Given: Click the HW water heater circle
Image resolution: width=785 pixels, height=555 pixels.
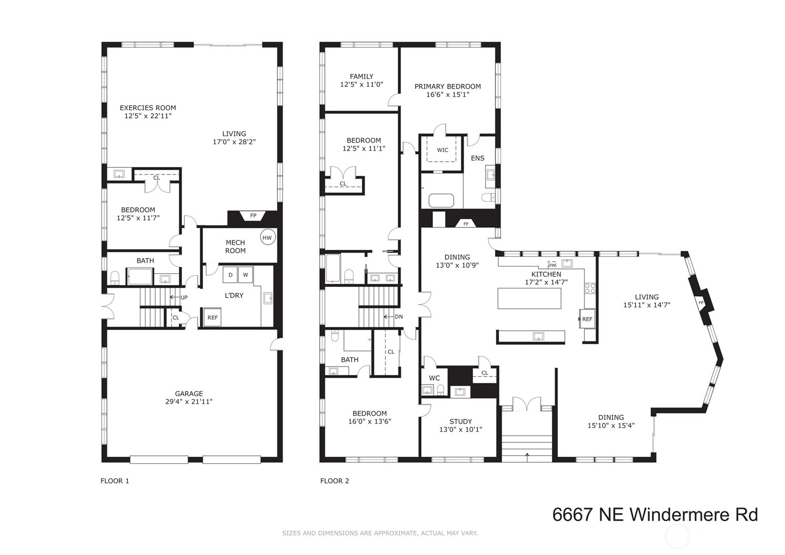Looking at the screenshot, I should tap(267, 237).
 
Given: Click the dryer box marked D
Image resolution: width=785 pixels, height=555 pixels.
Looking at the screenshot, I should tap(230, 275).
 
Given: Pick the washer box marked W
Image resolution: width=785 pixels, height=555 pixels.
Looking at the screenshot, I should tap(245, 275).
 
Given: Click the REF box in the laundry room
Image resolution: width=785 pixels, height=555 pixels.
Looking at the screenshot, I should tap(213, 317).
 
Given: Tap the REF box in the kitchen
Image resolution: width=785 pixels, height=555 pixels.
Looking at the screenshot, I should tap(587, 319).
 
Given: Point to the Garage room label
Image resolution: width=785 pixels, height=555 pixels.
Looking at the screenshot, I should tap(189, 393).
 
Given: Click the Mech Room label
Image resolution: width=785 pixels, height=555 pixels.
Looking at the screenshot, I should tap(235, 247).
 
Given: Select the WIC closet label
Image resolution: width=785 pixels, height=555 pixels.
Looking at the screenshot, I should tap(442, 150).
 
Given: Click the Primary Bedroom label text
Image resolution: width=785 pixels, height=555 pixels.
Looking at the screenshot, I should tap(448, 86).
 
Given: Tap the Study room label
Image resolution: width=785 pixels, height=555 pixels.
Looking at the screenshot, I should tap(460, 421).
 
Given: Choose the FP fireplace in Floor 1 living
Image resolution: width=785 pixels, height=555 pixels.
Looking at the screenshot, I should tap(253, 216).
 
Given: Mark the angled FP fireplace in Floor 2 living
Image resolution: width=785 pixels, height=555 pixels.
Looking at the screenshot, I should tap(701, 303).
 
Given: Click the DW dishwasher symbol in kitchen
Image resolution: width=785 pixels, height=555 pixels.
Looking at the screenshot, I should tap(552, 265).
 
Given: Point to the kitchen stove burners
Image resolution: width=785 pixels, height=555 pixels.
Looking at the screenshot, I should tap(590, 288).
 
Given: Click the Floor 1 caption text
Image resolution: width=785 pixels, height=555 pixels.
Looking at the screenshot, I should tap(115, 481).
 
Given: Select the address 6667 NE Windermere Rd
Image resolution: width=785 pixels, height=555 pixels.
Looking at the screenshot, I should tap(654, 515).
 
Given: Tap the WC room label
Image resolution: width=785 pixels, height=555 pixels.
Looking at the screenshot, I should tap(434, 378).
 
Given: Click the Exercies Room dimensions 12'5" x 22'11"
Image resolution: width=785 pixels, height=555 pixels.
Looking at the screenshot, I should tap(148, 116).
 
